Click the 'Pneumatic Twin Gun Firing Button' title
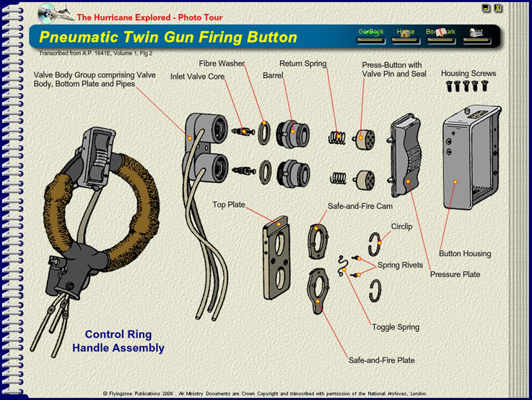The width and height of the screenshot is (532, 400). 168,37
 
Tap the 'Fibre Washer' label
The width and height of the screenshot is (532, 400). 222,64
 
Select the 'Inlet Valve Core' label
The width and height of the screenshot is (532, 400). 197,76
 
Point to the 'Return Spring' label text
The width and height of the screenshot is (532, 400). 303,64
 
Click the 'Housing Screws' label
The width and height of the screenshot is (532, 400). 468,74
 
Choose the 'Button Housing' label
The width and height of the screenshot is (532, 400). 465,254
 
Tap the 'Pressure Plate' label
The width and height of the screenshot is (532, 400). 455,275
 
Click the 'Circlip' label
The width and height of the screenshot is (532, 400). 401,226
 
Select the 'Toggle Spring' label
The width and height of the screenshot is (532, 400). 396,327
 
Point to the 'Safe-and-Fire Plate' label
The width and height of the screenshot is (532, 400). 381,359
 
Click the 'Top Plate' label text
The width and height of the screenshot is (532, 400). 229,205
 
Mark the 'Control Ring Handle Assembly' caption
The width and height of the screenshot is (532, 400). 118,341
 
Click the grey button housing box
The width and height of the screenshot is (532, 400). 473,156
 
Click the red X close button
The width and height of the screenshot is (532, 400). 498,8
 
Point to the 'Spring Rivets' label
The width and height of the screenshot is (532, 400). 402,265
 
